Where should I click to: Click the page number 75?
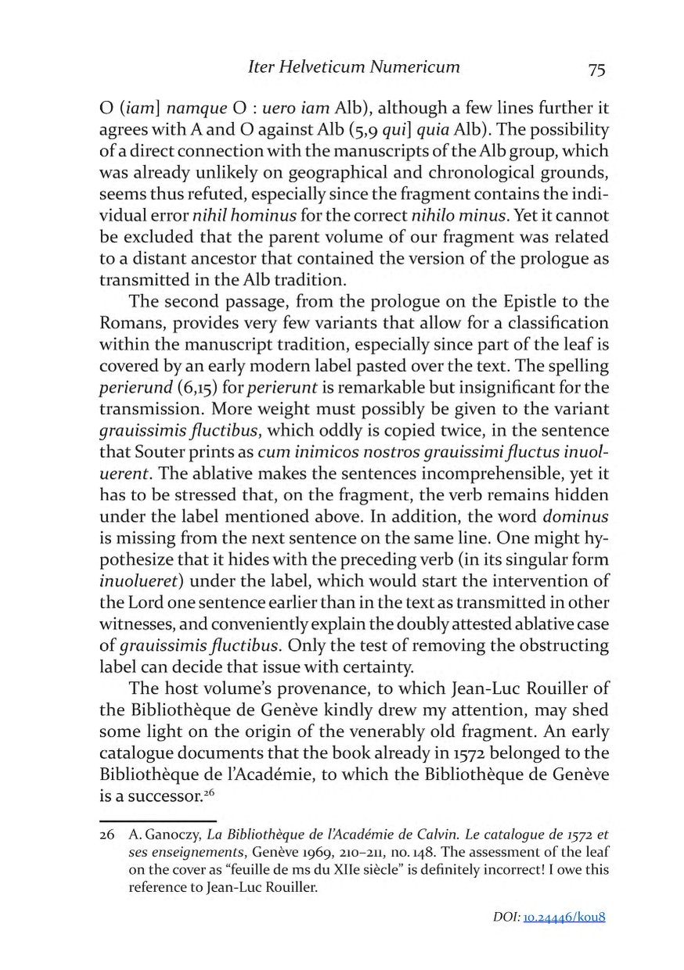(x=596, y=70)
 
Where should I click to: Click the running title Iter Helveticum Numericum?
(x=353, y=67)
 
